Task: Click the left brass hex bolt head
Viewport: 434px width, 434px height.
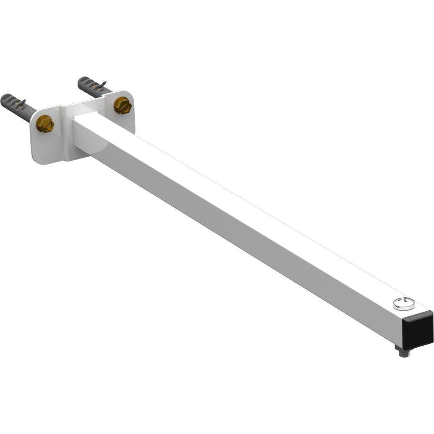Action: point(45,124)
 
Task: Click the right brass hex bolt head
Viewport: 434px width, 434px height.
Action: point(122,105)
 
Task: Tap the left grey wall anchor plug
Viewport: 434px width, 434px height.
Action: point(17,106)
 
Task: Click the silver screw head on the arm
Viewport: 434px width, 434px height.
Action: point(404,302)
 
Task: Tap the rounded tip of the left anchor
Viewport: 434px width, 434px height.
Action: point(4,99)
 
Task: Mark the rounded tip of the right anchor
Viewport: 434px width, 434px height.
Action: point(81,80)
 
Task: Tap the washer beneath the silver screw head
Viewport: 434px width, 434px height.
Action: point(404,307)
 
